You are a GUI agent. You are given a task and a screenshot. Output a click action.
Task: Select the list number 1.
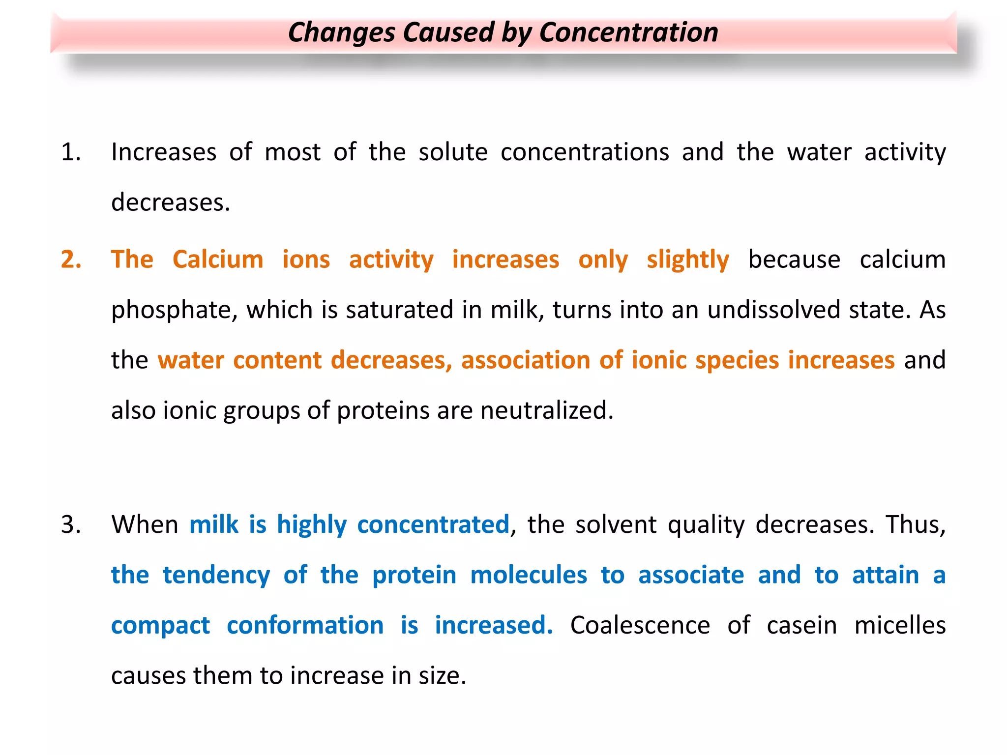[x=71, y=152]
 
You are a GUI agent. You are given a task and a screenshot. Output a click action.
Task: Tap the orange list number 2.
[x=71, y=260]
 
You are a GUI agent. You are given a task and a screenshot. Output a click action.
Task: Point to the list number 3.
[x=71, y=524]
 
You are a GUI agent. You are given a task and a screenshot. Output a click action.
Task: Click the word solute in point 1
[x=453, y=152]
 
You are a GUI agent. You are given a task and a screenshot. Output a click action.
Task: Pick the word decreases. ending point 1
[x=171, y=203]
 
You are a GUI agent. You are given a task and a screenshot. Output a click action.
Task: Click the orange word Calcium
[x=218, y=260]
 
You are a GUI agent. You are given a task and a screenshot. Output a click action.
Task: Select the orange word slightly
[x=687, y=260]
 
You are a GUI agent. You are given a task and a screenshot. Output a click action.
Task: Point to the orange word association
[x=525, y=360]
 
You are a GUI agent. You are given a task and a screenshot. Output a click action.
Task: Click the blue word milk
[x=213, y=524]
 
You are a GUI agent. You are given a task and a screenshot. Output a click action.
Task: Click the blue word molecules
[x=529, y=575]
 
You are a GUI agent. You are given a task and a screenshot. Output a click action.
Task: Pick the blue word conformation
[x=305, y=626]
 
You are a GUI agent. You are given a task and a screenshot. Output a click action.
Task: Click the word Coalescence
[x=640, y=626]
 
